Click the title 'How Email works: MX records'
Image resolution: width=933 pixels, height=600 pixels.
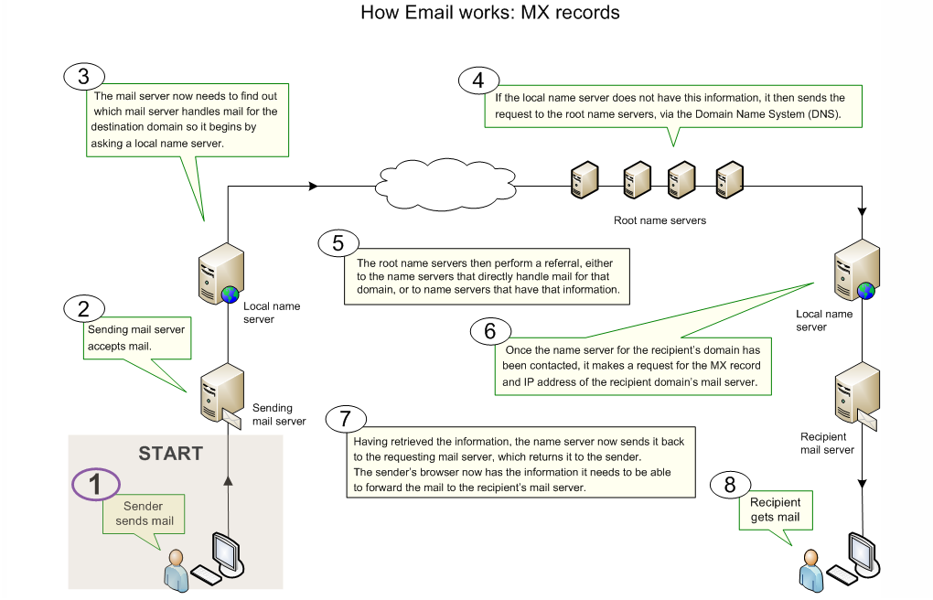pos(489,13)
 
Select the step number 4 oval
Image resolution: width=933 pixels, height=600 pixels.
pos(477,80)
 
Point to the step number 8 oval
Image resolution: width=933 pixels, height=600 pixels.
pos(730,485)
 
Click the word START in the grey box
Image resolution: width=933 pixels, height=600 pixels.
pos(170,454)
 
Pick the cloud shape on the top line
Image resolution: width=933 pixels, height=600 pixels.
pos(437,187)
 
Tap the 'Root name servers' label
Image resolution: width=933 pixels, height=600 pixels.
pos(660,220)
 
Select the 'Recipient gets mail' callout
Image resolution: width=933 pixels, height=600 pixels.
pos(775,510)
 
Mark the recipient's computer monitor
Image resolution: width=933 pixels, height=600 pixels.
pos(863,552)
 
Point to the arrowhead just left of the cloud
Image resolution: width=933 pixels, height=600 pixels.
pos(313,187)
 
